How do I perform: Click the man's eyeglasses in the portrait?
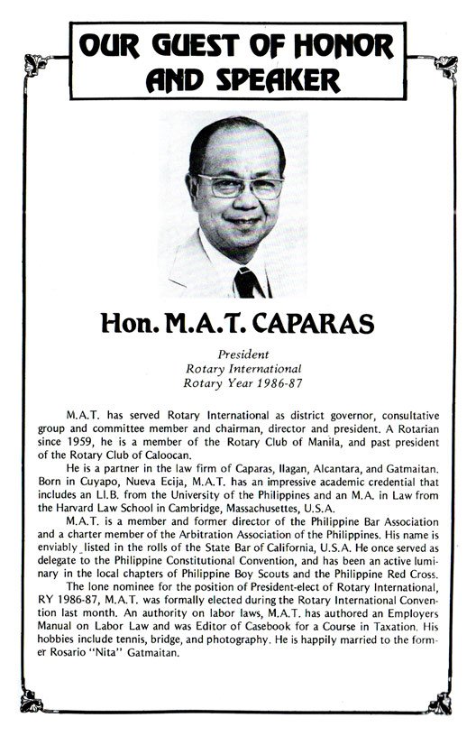[x=237, y=186]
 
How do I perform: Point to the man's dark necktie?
[x=246, y=281]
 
